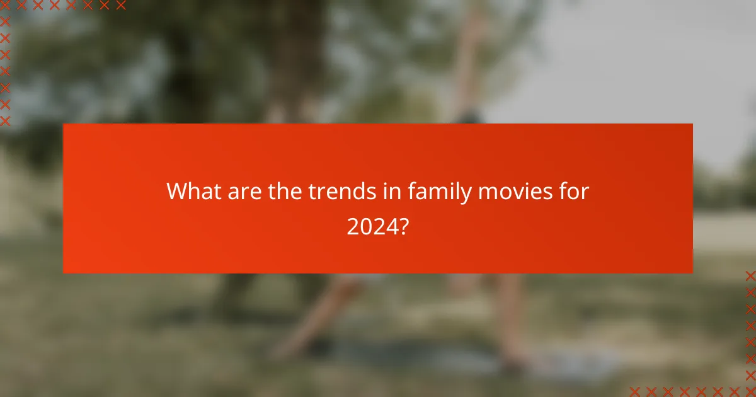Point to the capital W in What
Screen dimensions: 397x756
coord(177,192)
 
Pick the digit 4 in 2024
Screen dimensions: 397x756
coord(390,226)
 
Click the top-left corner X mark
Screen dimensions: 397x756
coord(5,6)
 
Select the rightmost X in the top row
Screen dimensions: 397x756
coord(121,6)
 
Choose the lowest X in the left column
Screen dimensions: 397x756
coord(5,120)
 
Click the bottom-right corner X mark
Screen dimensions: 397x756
coord(750,391)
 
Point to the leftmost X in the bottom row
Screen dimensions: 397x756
coord(634,391)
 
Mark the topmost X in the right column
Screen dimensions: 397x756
coord(750,275)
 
